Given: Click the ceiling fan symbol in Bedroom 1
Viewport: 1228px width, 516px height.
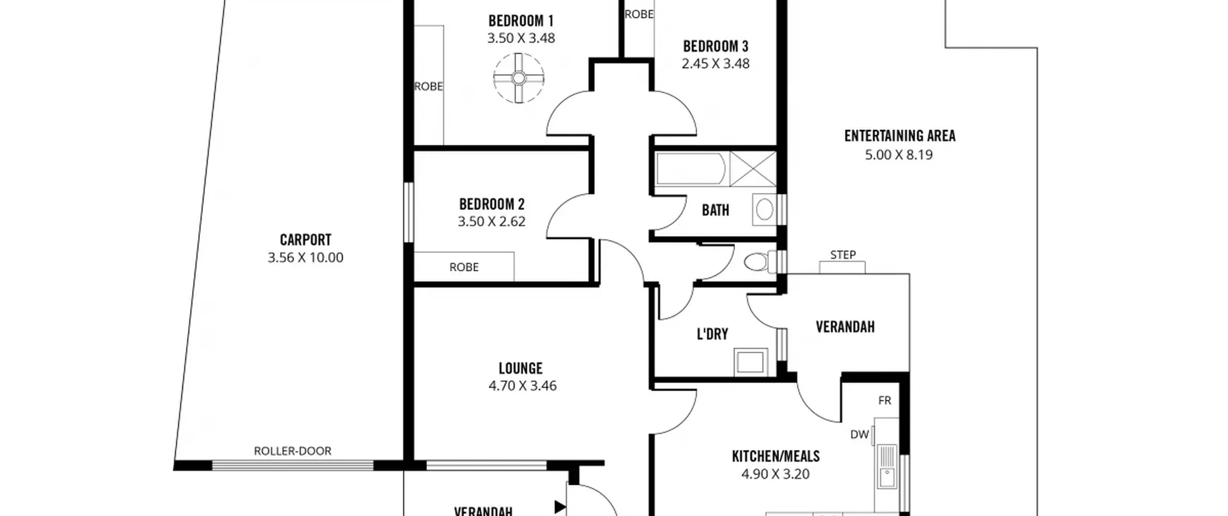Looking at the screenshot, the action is pos(519,78).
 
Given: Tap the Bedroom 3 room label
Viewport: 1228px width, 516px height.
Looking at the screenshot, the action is pos(715,47).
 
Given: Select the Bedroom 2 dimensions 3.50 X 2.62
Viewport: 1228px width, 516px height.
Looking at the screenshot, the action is pos(491,221).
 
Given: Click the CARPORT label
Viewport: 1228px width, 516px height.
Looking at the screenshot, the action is pos(306,240).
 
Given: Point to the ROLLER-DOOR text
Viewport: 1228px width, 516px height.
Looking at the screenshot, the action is pos(293,451).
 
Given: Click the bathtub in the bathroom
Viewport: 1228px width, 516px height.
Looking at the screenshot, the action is pos(691,168).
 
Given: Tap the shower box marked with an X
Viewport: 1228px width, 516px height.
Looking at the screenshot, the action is pos(753,168).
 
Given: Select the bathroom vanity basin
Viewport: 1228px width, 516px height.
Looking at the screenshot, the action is pos(765,209).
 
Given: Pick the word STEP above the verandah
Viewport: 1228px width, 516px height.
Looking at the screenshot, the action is pos(843,255).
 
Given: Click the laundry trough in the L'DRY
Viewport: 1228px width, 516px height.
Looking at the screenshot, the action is pos(750,362).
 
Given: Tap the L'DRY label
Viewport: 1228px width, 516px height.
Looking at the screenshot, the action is pos(712,334).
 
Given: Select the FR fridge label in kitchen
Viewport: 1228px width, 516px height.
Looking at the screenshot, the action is pos(885,400).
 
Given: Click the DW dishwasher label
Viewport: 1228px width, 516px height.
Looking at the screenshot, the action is pos(860,434).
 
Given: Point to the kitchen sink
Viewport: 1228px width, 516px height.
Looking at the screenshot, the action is pos(887,466).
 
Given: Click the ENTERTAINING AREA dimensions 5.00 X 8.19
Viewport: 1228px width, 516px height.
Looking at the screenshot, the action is pos(899,155).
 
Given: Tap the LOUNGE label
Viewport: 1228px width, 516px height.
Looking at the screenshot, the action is pos(520,368).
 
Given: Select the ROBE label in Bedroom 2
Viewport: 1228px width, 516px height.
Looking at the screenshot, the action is pos(464,267).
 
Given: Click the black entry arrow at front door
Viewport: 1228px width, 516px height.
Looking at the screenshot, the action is pos(560,507).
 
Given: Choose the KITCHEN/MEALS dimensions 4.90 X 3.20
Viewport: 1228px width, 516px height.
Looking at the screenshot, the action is pos(776,474).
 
